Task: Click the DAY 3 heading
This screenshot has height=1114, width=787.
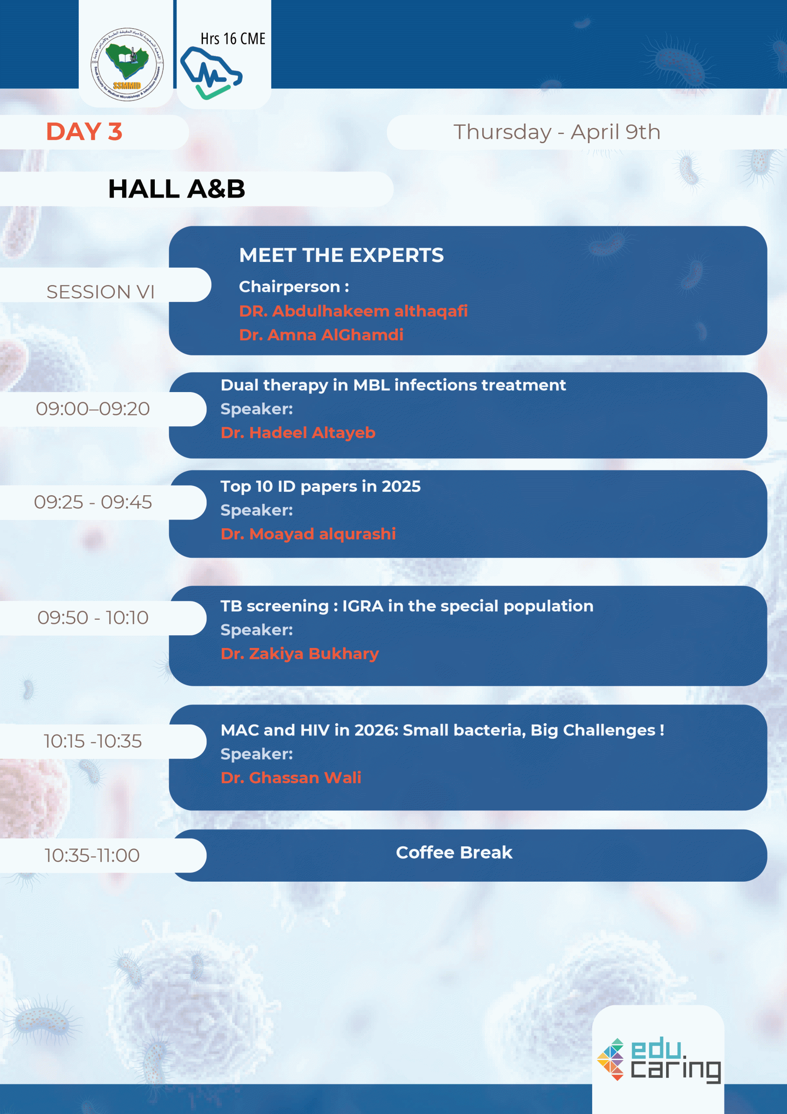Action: point(84,132)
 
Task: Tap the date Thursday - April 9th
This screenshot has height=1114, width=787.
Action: point(557,132)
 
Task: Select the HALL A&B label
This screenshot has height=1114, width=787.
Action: point(177,189)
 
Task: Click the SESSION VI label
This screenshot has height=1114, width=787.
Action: point(100,292)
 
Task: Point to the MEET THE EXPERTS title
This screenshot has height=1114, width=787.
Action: point(341,255)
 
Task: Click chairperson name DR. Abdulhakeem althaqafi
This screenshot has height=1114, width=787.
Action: point(353,311)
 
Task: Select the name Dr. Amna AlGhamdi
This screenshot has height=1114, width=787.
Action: point(321,335)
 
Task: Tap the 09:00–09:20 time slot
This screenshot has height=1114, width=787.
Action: point(93,409)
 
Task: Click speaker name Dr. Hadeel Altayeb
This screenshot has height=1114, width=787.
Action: point(298,433)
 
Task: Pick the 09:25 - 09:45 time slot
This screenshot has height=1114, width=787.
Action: point(93,502)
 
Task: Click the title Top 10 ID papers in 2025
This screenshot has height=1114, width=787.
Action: point(320,486)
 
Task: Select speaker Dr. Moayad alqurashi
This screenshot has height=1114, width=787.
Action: point(308,534)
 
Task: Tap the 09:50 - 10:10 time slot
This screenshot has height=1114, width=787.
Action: point(93,617)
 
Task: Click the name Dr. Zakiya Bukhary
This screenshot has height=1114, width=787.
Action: point(300,654)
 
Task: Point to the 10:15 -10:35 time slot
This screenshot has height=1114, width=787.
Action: point(93,742)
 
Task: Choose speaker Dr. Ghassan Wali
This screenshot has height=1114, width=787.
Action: point(291,778)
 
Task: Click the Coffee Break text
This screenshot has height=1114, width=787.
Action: point(454,852)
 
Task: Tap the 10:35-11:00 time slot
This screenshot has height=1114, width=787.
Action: point(92,856)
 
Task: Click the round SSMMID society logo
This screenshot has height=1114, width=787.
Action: point(127,64)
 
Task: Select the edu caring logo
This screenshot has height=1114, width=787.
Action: point(659,1060)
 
